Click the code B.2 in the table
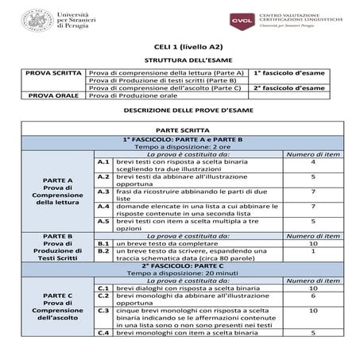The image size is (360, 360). (102, 251)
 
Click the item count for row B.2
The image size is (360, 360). (313, 251)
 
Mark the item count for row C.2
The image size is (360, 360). (313, 296)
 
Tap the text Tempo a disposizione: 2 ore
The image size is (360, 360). (179, 147)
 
